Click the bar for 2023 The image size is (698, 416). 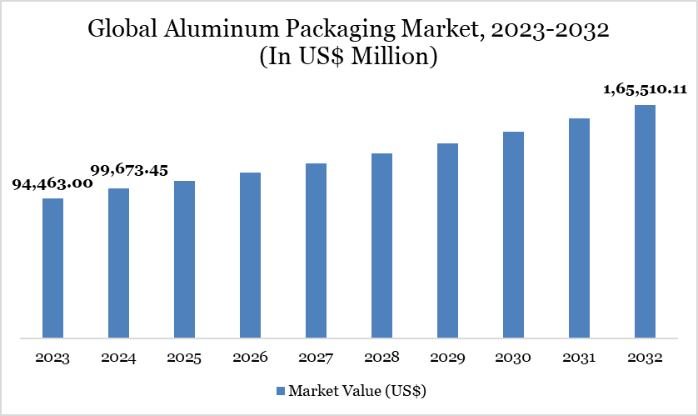pyautogui.click(x=52, y=268)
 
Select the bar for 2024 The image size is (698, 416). pyautogui.click(x=118, y=263)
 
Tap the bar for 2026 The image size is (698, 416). pyautogui.click(x=250, y=256)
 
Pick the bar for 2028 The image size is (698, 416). pyautogui.click(x=381, y=246)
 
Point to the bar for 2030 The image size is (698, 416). pyautogui.click(x=513, y=235)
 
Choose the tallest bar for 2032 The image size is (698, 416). pyautogui.click(x=645, y=222)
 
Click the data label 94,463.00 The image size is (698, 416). pyautogui.click(x=52, y=184)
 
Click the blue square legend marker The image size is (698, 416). pyautogui.click(x=280, y=390)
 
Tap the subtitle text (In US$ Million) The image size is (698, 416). pyautogui.click(x=349, y=58)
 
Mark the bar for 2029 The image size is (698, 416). pyautogui.click(x=447, y=241)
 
